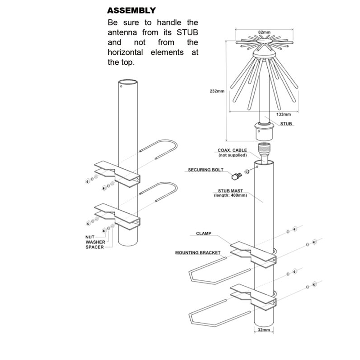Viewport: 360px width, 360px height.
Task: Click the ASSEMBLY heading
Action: (x=131, y=10)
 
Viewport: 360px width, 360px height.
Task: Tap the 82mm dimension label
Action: (x=264, y=32)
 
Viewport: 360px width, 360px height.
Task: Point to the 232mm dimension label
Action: (x=217, y=91)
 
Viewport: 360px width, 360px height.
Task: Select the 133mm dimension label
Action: (x=283, y=114)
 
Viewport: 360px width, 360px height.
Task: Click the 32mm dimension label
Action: (x=264, y=330)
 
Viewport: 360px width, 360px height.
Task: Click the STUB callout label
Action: (x=286, y=124)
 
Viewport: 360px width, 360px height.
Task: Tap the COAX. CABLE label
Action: (x=232, y=150)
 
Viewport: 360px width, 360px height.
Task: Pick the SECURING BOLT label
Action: (x=206, y=170)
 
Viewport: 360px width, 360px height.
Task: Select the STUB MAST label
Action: (x=230, y=191)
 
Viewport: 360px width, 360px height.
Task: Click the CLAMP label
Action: (x=204, y=233)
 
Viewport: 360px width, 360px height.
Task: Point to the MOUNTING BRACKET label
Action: (x=198, y=252)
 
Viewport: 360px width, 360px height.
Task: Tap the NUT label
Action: (x=90, y=237)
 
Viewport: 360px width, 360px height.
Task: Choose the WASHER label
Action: (x=95, y=242)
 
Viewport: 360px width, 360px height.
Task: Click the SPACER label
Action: (x=94, y=247)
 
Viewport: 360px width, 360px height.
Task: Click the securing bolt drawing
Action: (x=237, y=176)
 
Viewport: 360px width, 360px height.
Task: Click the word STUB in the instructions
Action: (x=187, y=32)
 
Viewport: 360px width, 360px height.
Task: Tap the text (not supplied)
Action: (x=233, y=155)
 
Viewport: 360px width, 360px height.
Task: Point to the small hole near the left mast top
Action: (x=121, y=86)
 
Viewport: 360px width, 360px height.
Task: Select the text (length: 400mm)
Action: (x=230, y=195)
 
